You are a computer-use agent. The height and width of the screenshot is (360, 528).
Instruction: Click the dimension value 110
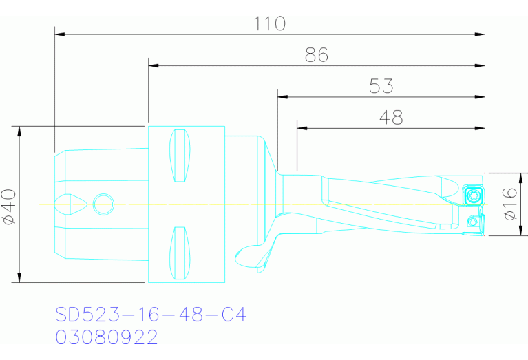(270, 23)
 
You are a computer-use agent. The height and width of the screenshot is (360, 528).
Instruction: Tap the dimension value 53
(381, 86)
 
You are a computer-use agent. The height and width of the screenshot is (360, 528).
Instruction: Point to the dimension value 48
(391, 118)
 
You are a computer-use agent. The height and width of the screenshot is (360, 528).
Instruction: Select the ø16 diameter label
(510, 204)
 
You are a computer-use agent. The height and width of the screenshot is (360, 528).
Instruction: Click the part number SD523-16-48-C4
(151, 315)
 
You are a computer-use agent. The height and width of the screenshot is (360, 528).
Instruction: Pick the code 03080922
(107, 337)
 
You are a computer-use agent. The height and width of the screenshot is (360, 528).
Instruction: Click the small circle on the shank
(103, 204)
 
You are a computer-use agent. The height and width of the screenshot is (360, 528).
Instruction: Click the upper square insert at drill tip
(472, 195)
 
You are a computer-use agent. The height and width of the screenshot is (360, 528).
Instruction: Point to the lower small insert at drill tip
(472, 222)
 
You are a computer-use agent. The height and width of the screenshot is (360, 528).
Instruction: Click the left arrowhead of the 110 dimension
(59, 33)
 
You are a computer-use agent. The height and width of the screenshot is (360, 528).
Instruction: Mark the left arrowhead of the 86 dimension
(154, 65)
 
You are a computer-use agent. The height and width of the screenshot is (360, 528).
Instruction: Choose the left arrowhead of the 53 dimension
(282, 96)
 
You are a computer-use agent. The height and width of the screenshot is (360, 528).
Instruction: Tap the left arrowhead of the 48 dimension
(302, 128)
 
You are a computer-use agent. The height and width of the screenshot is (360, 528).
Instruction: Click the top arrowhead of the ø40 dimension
(20, 131)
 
